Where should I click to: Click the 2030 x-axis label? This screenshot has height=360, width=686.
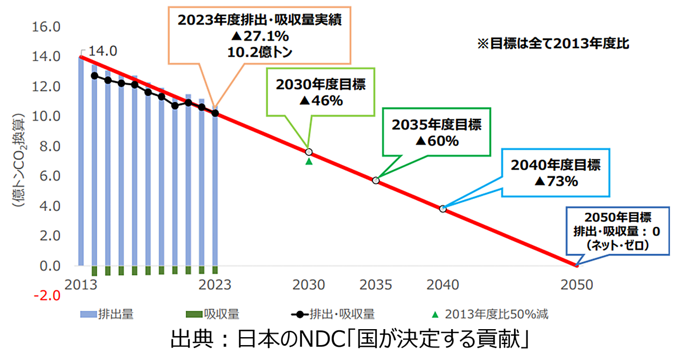pyautogui.click(x=309, y=284)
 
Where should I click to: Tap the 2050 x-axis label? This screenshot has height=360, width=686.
pyautogui.click(x=577, y=284)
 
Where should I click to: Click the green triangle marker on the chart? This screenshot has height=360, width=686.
pyautogui.click(x=309, y=162)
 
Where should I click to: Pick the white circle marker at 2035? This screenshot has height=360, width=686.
pyautogui.click(x=376, y=180)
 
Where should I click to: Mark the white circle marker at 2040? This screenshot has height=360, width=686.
pyautogui.click(x=443, y=209)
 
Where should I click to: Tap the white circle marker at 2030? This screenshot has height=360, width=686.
pyautogui.click(x=309, y=152)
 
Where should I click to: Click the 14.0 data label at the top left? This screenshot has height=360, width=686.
pyautogui.click(x=103, y=51)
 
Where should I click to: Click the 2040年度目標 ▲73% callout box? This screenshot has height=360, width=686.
pyautogui.click(x=556, y=174)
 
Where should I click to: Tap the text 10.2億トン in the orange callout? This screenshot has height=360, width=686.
pyautogui.click(x=260, y=51)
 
